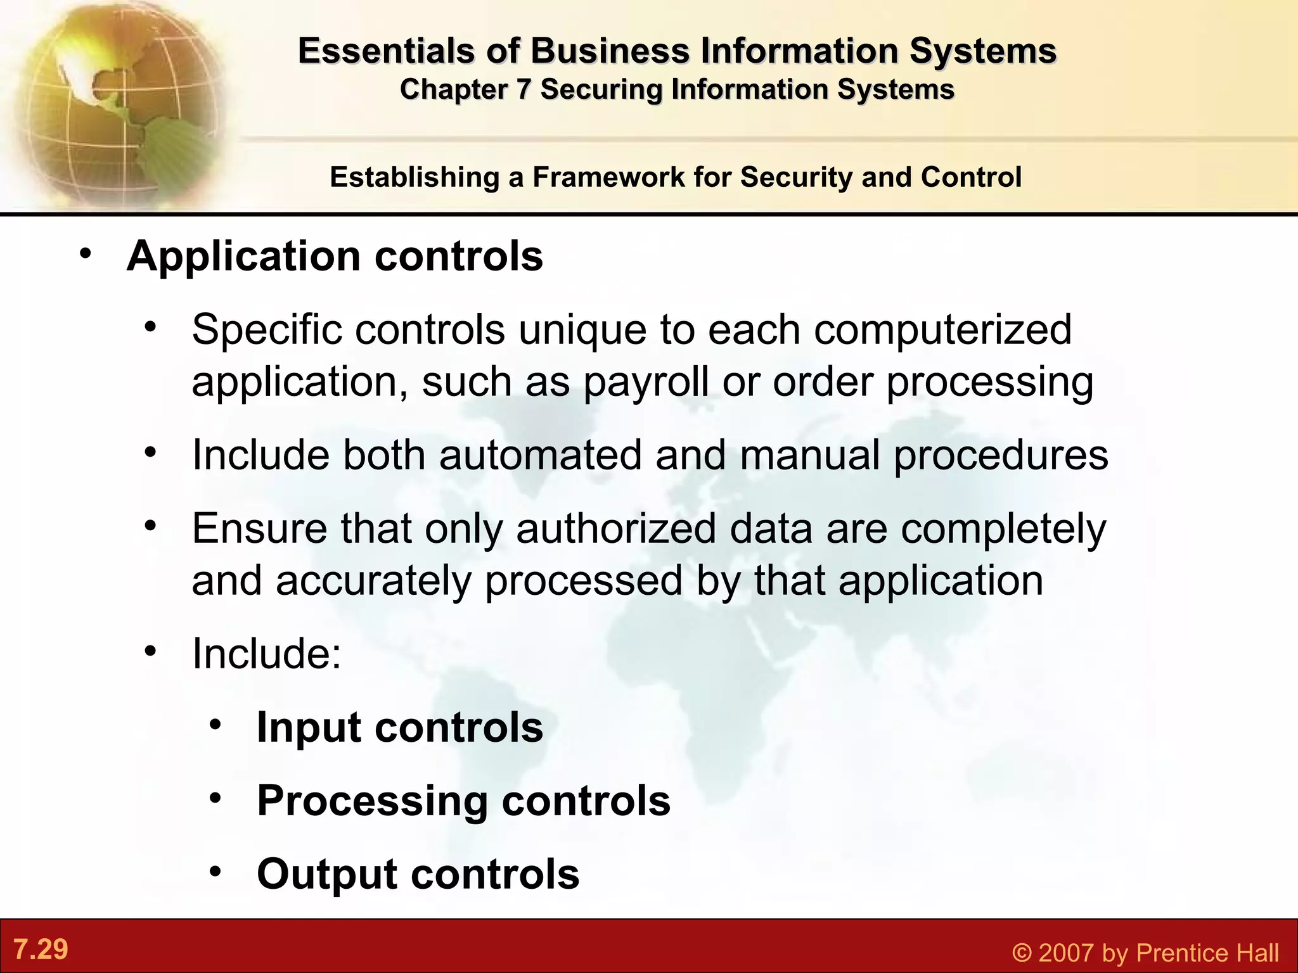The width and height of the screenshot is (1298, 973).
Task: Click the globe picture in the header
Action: pyautogui.click(x=114, y=101)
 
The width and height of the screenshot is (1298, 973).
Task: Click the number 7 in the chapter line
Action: pyautogui.click(x=522, y=90)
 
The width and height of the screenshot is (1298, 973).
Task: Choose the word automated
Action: pyautogui.click(x=541, y=455)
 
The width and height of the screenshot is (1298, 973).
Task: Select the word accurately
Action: pyautogui.click(x=373, y=580)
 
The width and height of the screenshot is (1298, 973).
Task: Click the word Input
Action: pyautogui.click(x=309, y=727)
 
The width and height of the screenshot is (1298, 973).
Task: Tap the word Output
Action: pyautogui.click(x=327, y=874)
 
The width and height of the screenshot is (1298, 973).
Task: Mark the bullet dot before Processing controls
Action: pyautogui.click(x=216, y=798)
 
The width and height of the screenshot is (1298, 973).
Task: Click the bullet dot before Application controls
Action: pyautogui.click(x=86, y=254)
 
